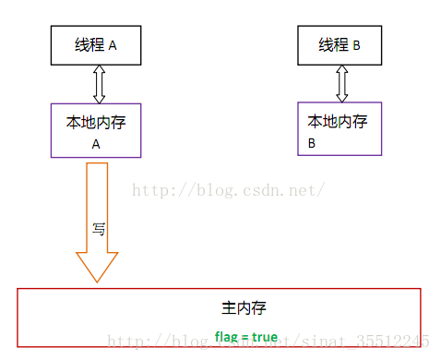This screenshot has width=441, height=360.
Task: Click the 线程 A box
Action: pos(96,44)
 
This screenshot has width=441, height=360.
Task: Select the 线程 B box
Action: pos(340,44)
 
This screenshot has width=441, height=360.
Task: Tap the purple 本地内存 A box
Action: pos(96,129)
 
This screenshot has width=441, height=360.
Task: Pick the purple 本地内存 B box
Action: pos(338,128)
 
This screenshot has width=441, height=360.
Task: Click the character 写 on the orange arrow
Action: pos(98,229)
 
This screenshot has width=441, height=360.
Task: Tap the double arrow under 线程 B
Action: pos(341,83)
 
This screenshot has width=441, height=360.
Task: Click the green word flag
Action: pos(225,337)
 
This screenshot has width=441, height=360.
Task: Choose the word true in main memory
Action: pos(264,337)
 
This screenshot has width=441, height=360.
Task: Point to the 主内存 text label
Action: pos(244,307)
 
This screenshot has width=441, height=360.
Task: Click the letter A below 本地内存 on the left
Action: pos(95,144)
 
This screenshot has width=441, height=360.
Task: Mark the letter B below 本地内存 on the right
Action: pos(312,144)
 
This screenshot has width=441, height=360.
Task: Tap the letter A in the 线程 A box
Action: pos(113,45)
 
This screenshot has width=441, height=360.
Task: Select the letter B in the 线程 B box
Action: pos(357,45)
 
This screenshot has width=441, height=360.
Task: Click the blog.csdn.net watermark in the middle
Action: pos(228,191)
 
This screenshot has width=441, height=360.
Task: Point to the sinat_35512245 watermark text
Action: pos(378,341)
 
